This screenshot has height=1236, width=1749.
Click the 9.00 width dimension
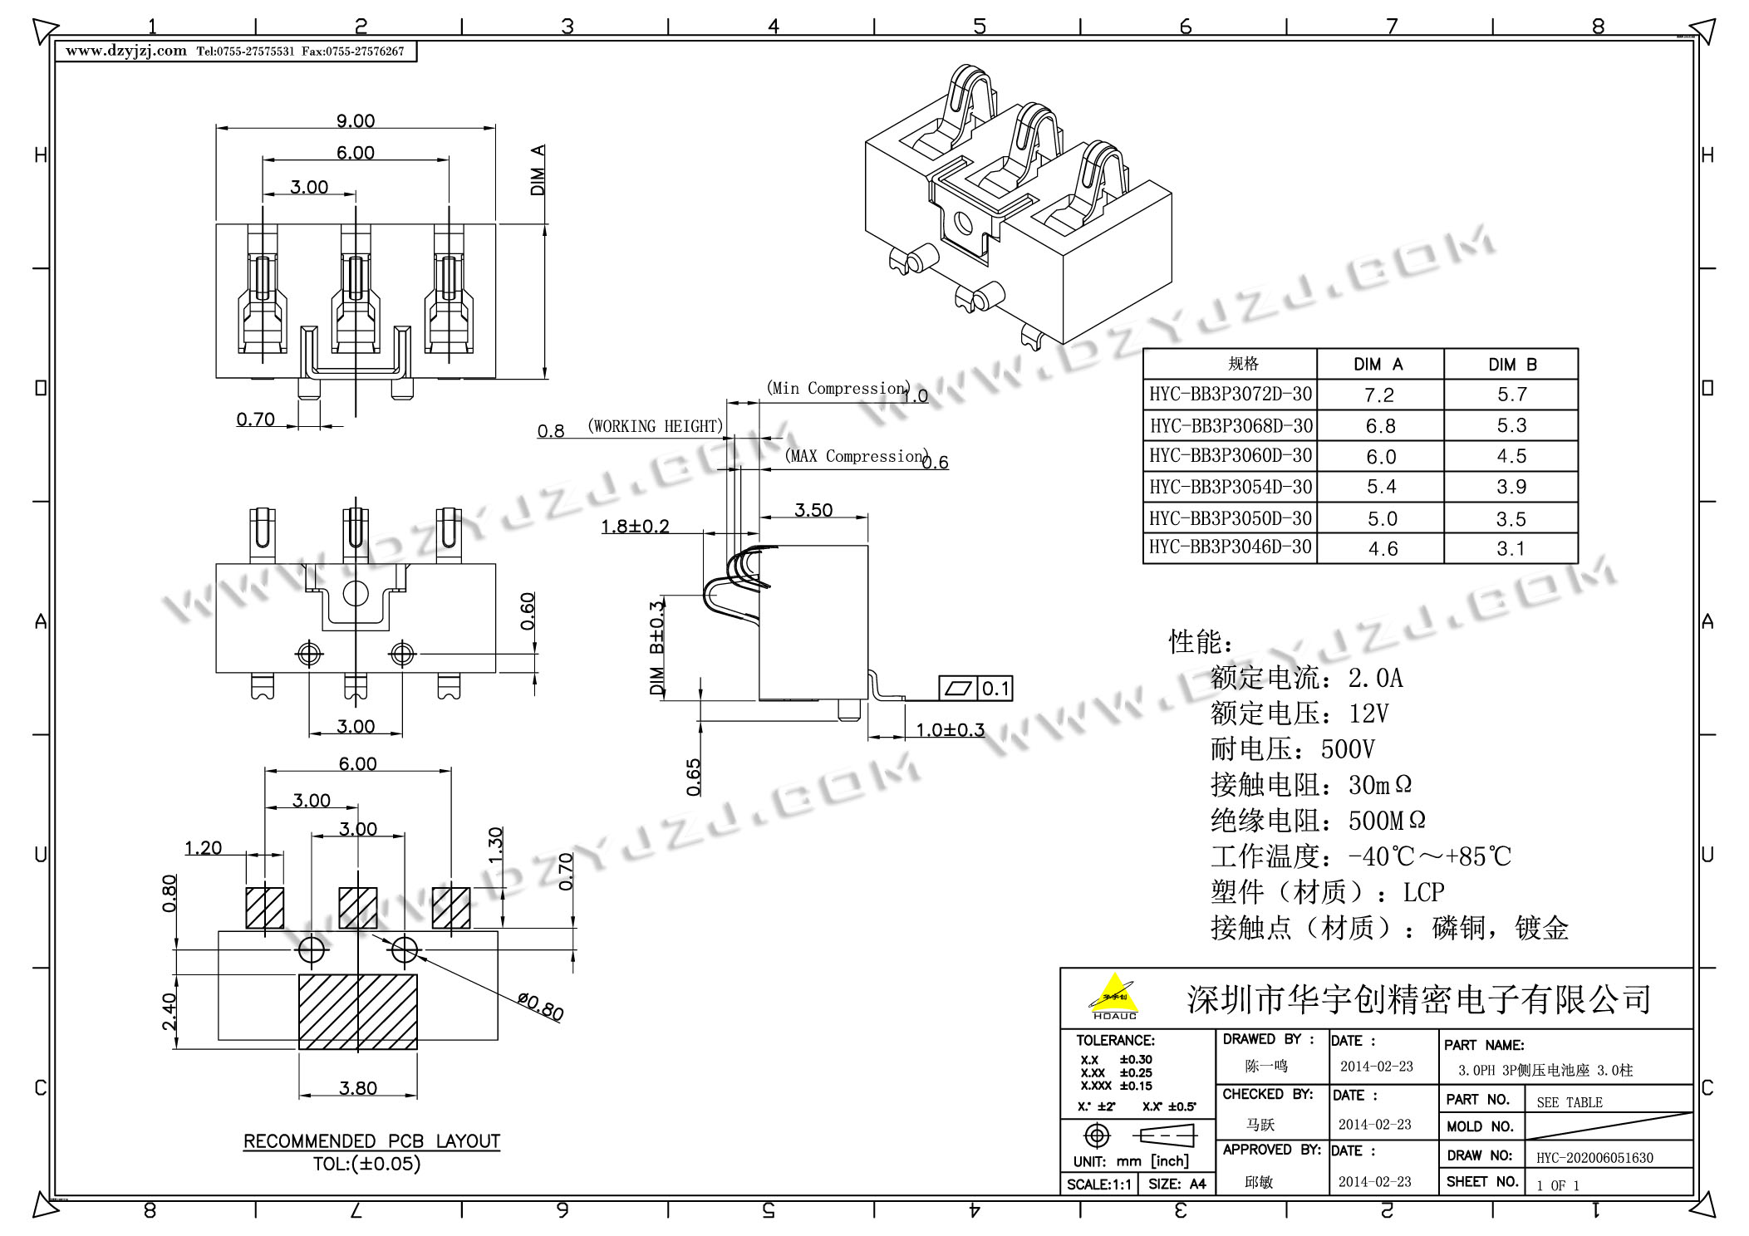pos(356,121)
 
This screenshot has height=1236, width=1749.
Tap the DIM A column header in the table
pos(1378,365)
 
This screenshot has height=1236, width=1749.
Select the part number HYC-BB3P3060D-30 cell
pos(1231,456)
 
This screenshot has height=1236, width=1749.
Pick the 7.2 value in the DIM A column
pos(1379,395)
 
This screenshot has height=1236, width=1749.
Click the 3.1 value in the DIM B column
pos(1511,549)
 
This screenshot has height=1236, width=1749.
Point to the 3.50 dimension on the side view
pos(813,510)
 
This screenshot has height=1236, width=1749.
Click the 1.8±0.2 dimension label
pos(635,527)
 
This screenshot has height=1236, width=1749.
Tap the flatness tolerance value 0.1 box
pos(995,689)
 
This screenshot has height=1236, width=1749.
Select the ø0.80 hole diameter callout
pos(540,1007)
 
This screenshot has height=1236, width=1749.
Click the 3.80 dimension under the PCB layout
pos(358,1088)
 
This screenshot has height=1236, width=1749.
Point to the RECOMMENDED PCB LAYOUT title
pos(371,1141)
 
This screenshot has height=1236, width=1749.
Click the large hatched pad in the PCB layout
pos(358,1012)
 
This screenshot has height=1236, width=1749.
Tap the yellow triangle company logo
pos(1114,995)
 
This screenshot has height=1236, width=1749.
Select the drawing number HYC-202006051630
pos(1594,1158)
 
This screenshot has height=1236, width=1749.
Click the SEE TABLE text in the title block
pos(1570,1103)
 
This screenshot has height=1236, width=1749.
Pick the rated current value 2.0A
pos(1375,679)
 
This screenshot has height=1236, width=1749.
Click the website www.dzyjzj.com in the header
pos(126,51)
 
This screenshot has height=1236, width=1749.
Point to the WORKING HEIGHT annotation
pos(656,427)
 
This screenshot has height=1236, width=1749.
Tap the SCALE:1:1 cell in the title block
pos(1098,1184)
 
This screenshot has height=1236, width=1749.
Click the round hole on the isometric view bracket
pos(963,223)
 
